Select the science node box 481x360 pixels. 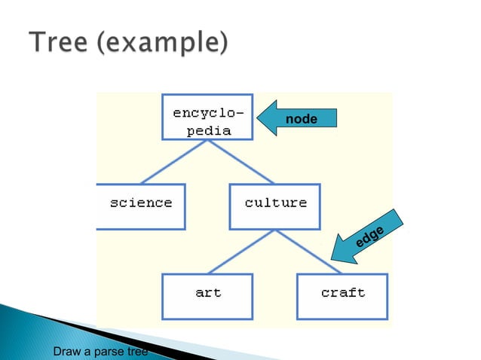tap(140, 206)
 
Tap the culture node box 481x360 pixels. tap(275, 206)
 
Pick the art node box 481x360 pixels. tap(207, 296)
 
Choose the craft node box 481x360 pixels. tap(342, 296)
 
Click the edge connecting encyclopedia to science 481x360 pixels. tap(173, 162)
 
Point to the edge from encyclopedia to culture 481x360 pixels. tap(241, 162)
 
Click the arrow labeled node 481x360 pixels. tap(298, 119)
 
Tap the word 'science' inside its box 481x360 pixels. tap(142, 203)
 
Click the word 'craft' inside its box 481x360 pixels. tap(343, 292)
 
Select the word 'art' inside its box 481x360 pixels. tap(208, 292)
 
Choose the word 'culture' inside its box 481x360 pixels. tap(276, 203)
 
